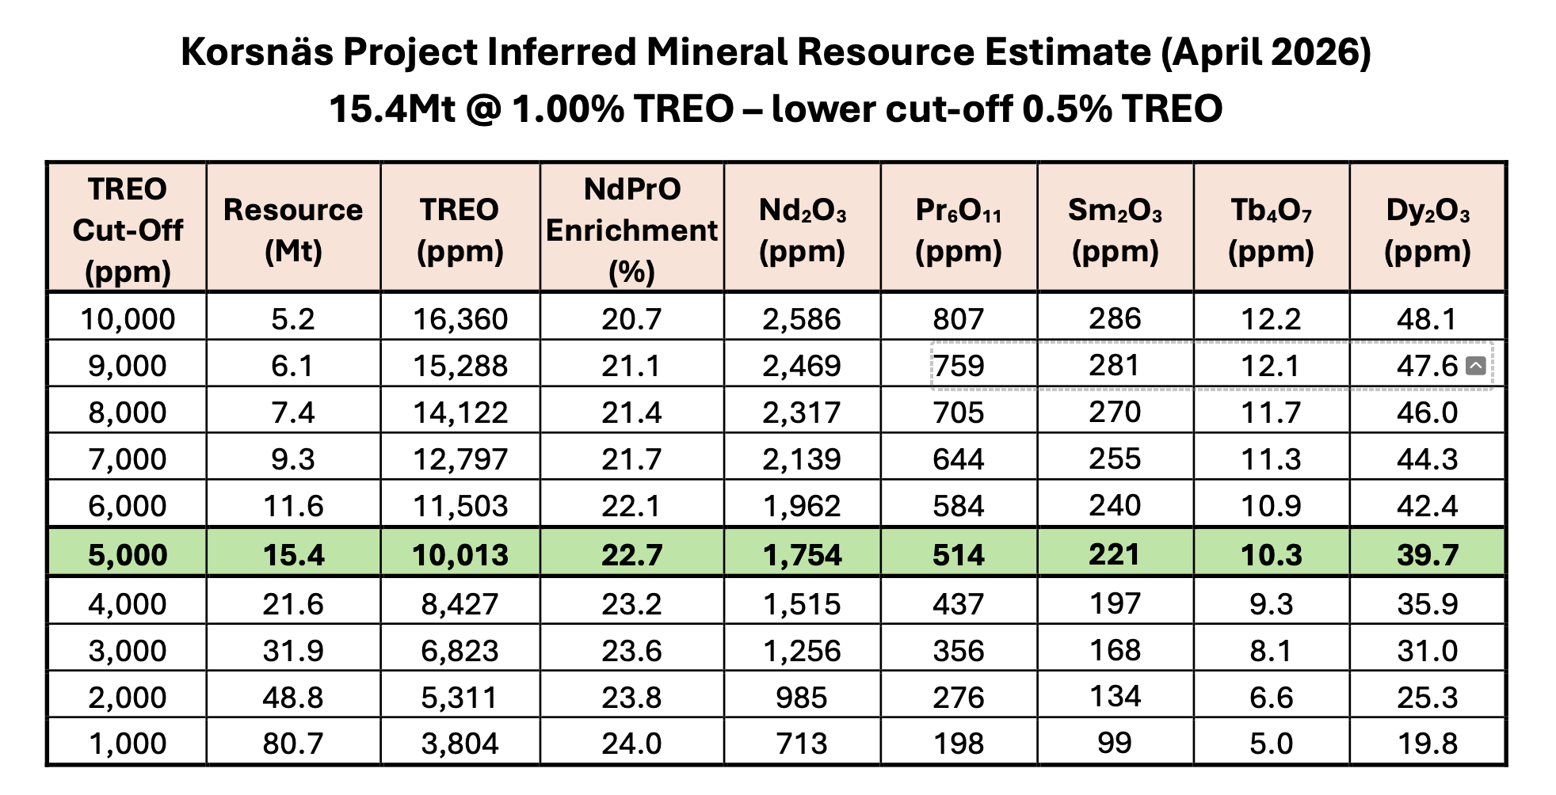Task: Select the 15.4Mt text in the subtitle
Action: point(392,108)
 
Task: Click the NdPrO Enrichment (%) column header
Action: point(631,230)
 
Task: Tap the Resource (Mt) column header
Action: point(293,230)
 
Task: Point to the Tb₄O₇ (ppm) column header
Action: point(1271,230)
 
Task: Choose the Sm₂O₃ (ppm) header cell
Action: point(1115,230)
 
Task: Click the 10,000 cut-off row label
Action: point(128,319)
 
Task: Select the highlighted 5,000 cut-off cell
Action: point(128,554)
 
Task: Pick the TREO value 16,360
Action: point(460,319)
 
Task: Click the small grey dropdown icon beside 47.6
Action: point(1475,365)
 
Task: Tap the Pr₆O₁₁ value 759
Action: point(959,366)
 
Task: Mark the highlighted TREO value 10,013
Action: point(460,554)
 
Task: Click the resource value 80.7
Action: point(293,744)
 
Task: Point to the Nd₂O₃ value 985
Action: point(802,697)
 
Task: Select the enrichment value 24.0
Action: point(631,744)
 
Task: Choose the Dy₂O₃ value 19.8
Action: point(1428,744)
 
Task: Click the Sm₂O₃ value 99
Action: point(1115,743)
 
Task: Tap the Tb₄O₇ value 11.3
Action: point(1271,458)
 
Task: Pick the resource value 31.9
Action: point(293,650)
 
